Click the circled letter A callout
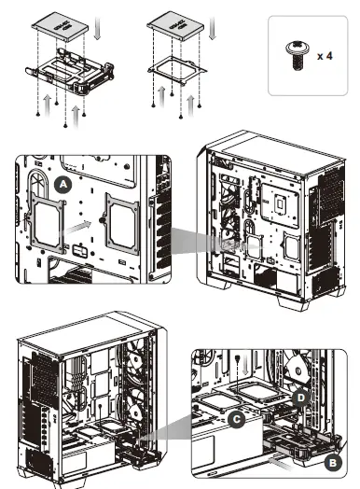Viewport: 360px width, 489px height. click(x=62, y=185)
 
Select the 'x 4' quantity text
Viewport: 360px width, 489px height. click(x=325, y=56)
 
